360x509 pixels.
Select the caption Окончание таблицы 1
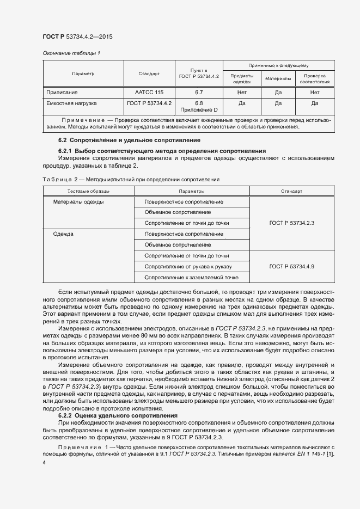click(x=71, y=53)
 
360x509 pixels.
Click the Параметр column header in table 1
click(x=83, y=73)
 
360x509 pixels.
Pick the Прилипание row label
click(x=62, y=93)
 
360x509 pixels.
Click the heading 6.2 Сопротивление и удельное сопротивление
click(x=107, y=140)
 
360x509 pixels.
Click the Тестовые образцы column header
click(x=88, y=192)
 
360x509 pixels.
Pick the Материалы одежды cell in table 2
click(x=78, y=202)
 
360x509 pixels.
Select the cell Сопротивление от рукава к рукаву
click(x=188, y=266)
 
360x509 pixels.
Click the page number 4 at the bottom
click(x=44, y=462)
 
